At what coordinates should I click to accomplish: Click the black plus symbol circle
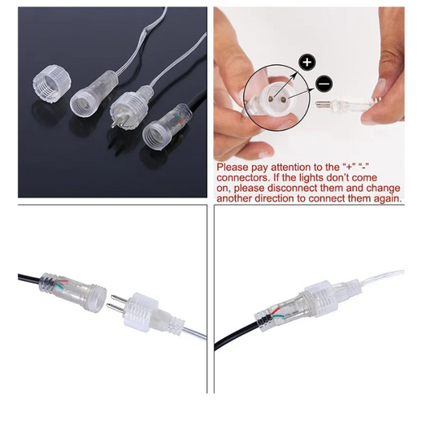click(307, 62)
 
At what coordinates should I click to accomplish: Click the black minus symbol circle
click(324, 84)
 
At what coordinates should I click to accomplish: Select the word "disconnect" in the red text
click(293, 188)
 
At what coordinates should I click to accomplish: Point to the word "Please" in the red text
click(233, 167)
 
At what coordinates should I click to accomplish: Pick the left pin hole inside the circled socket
click(271, 98)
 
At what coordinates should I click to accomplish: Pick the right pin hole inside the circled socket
click(283, 99)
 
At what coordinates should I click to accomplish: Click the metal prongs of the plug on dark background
click(115, 121)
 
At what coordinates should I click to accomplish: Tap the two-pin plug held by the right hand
click(345, 106)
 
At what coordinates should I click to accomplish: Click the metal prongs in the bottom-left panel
click(118, 303)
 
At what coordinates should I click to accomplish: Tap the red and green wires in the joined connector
click(276, 313)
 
